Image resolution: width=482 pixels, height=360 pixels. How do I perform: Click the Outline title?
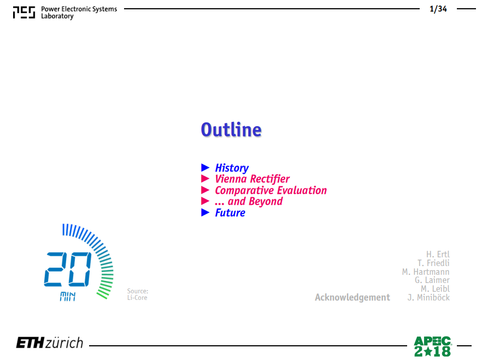231,129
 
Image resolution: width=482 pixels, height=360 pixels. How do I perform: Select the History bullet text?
232,168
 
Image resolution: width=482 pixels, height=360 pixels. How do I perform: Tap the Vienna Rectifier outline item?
252,179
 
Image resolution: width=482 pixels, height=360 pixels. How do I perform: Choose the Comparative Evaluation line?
271,190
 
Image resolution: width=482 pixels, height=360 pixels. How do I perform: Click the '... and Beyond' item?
249,201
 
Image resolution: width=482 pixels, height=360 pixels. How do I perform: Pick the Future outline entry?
230,213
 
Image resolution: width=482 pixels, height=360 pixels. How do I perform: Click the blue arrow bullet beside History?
205,167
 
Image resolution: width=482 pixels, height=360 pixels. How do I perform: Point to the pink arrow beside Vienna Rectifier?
205,179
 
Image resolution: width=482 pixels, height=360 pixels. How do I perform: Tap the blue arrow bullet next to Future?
205,213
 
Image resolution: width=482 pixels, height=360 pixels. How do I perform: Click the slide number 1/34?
438,9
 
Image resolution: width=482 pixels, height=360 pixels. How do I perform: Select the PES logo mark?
24,12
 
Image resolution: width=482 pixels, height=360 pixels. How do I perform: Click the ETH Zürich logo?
50,343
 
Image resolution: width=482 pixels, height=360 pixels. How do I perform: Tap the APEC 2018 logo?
432,346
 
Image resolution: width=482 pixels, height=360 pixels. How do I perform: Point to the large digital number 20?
68,269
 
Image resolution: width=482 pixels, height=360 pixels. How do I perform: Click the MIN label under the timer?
68,297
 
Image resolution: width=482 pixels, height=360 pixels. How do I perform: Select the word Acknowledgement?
352,297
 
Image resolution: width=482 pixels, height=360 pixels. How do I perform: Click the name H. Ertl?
438,255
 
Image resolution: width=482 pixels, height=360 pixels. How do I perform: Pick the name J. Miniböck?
428,297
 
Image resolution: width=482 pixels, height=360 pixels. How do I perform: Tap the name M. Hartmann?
426,272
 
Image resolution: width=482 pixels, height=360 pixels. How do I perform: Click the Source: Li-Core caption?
138,294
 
